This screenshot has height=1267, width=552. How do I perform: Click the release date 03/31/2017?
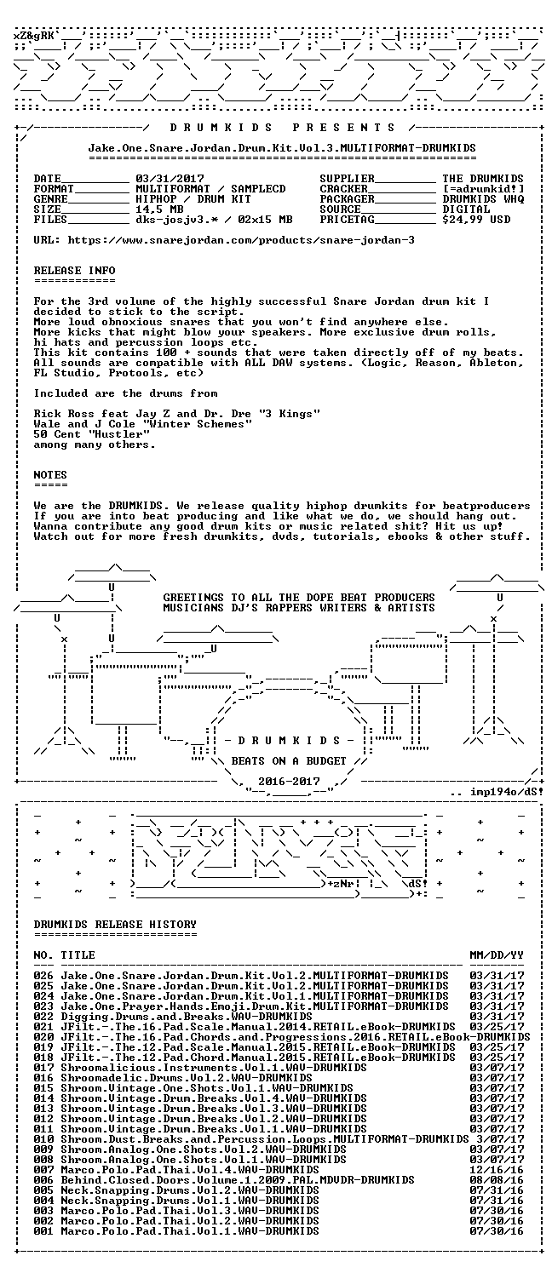pos(170,179)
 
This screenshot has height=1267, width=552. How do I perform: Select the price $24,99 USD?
pos(476,220)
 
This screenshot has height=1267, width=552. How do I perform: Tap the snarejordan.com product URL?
pos(241,240)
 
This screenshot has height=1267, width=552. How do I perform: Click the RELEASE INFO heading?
pos(75,271)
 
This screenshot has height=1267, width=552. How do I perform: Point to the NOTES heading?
pos(50,475)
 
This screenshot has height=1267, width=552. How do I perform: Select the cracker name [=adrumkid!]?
pos(484,189)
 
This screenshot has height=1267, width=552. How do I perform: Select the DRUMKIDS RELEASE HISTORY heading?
pos(115,925)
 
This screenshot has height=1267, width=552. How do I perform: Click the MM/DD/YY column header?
pos(497,955)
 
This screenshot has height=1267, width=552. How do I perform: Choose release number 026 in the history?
pos(43,976)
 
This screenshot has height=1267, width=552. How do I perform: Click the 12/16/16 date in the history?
pos(497,1170)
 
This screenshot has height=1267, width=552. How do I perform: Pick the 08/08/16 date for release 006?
pos(497,1180)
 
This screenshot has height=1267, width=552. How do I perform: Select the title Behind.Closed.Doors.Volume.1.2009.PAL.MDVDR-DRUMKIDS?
pos(238,1180)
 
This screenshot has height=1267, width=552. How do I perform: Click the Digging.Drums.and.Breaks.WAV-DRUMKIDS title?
pos(187,1017)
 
